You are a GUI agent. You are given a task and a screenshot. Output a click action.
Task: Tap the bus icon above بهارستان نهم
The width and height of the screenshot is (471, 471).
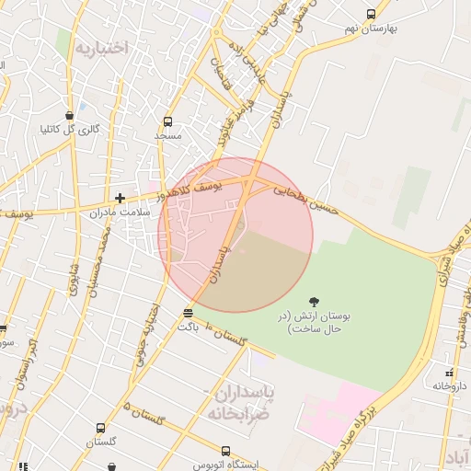pos(371,15)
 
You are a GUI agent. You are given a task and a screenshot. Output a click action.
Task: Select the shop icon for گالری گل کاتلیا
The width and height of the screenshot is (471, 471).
pos(71,115)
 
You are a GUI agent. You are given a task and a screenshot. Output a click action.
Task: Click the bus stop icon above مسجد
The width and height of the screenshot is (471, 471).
pos(167,121)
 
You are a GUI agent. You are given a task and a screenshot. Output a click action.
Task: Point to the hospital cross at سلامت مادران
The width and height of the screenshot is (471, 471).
pos(120,198)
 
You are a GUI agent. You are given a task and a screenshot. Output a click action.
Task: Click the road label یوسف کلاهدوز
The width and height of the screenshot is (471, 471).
pos(188,190)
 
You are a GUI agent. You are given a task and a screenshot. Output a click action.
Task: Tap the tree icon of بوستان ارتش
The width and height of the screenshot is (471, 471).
pos(315,301)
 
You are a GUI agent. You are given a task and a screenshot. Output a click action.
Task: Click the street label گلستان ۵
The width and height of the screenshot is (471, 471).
pos(147,414)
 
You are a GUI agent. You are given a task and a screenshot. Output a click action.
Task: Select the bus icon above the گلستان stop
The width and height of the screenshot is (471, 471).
pos(100,429)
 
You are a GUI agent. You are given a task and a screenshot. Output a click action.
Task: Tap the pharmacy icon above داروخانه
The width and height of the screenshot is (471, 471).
pos(449,373)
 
